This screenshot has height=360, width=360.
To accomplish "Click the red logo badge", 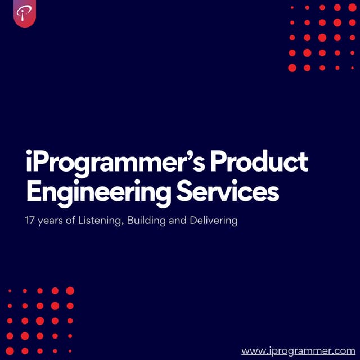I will pos(25,13).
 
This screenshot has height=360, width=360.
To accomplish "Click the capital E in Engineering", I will pos(34,191).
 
